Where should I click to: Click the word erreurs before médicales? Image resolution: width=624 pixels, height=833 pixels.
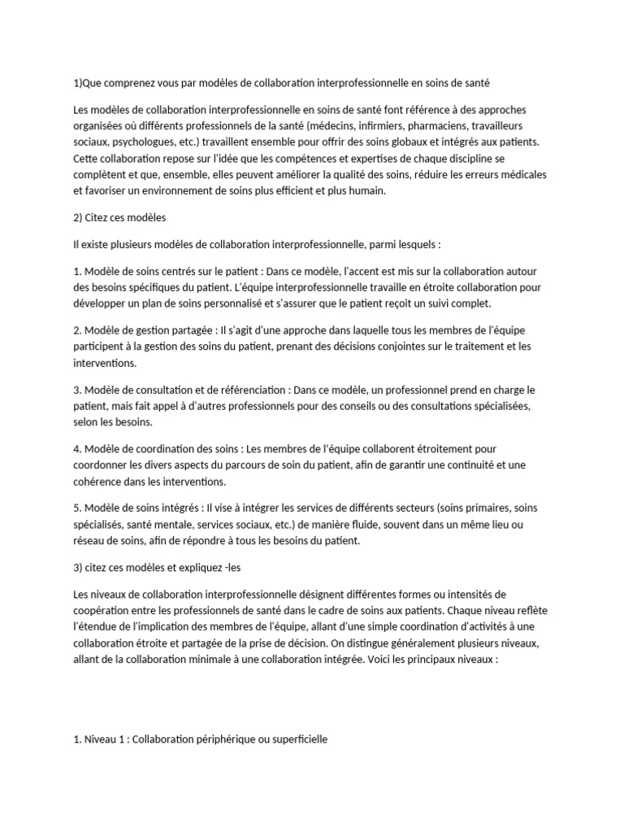(456, 175)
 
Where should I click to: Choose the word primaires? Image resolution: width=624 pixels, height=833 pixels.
(468, 508)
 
